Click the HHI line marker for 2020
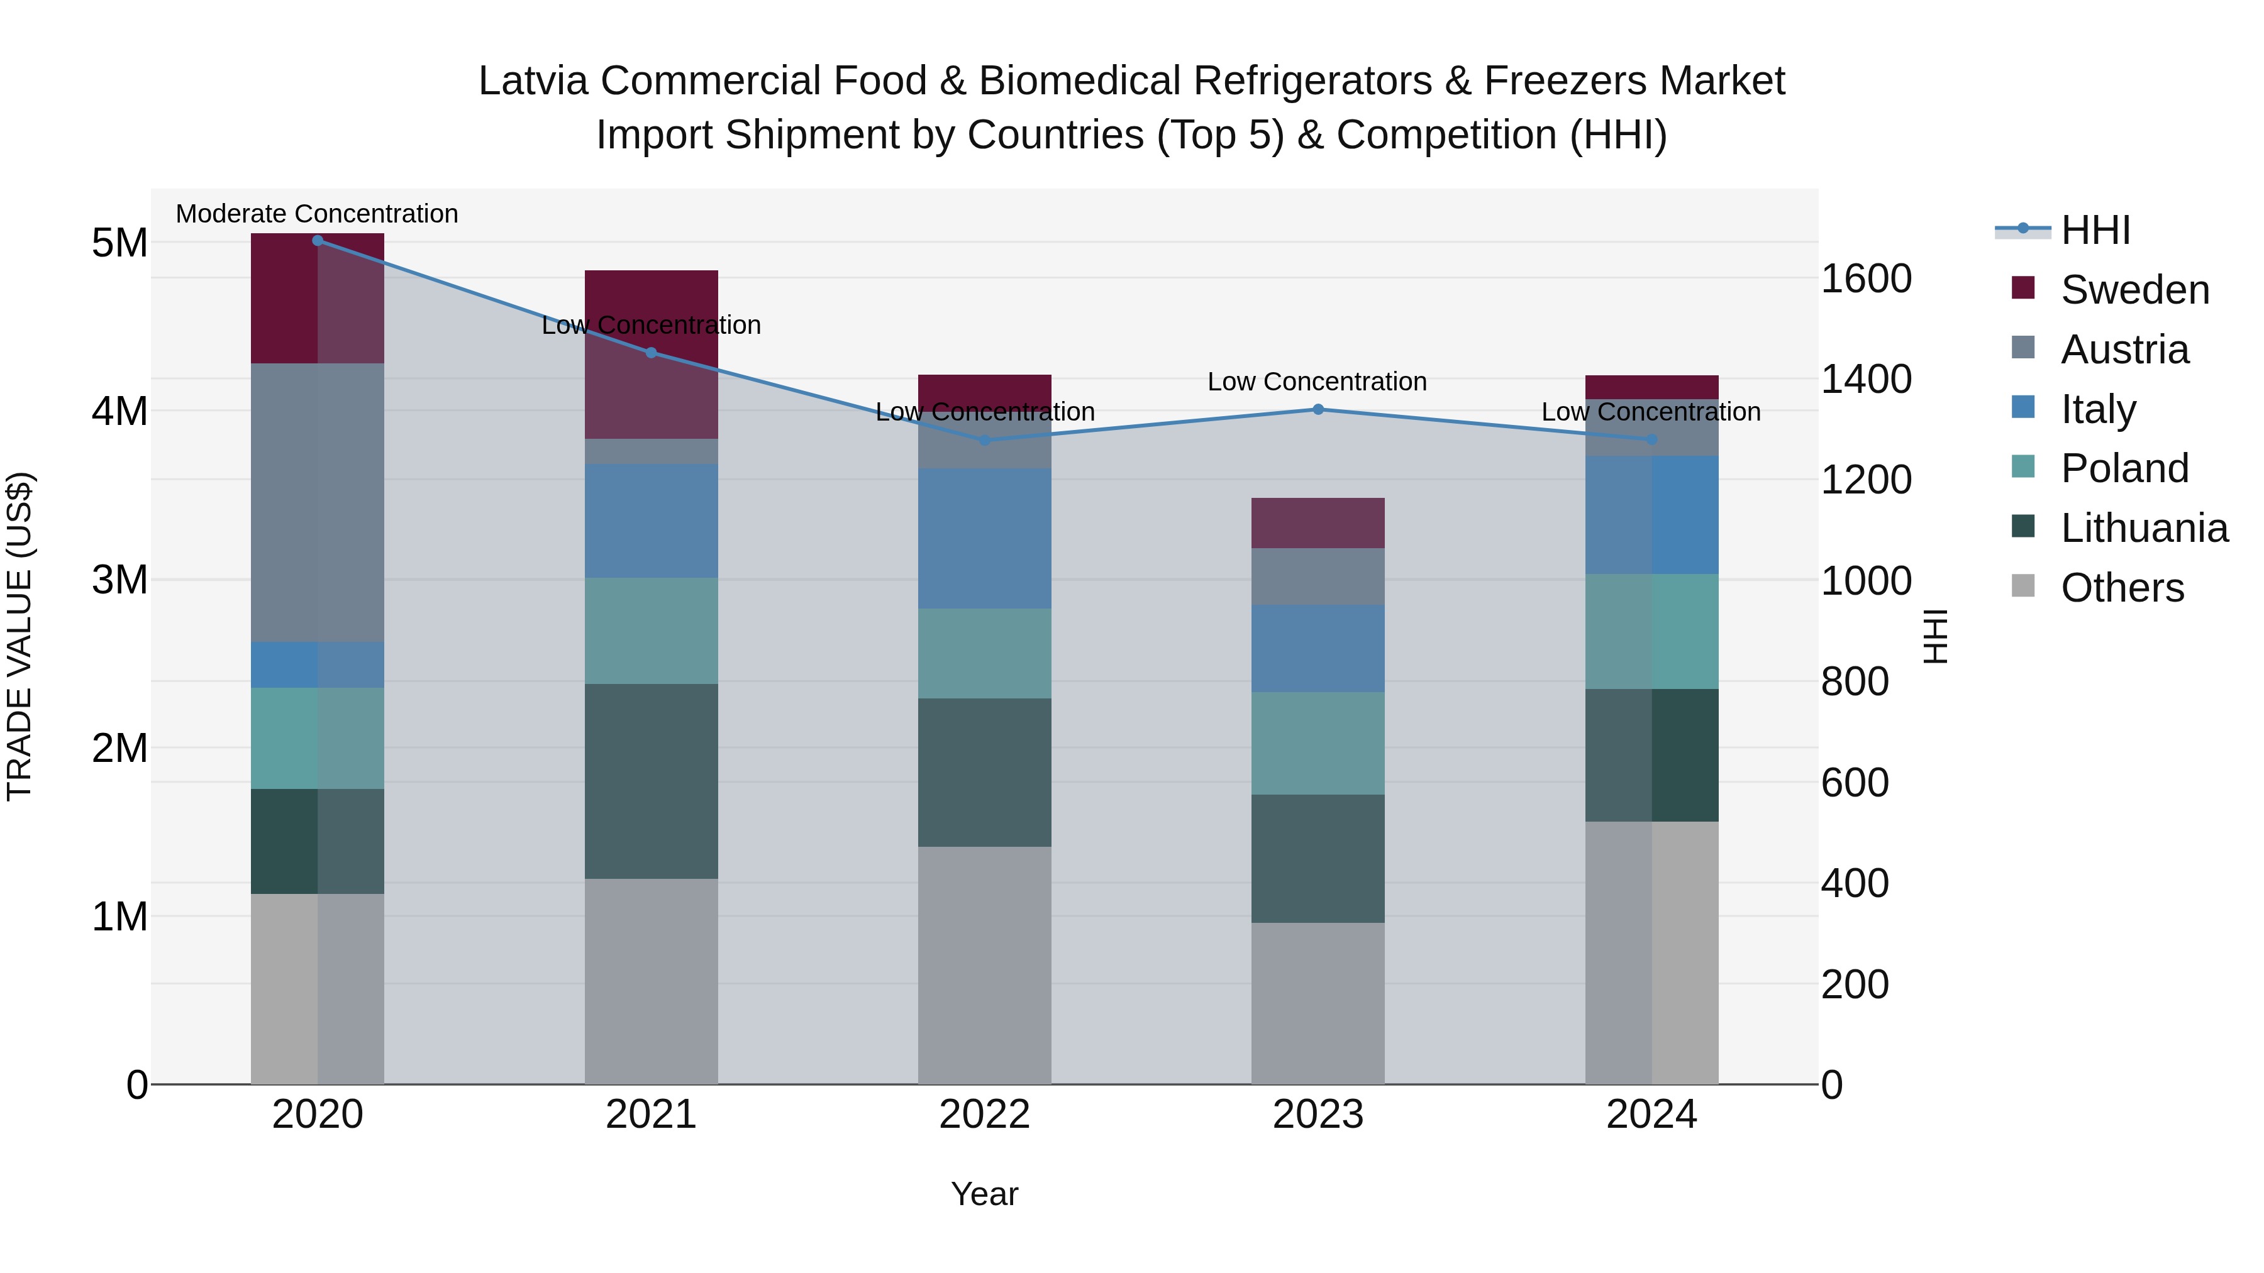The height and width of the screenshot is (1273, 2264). tap(318, 241)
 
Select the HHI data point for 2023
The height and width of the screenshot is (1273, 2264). tap(1318, 409)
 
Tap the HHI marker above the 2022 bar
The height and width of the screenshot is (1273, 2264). tap(984, 440)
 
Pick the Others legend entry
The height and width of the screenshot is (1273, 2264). tap(2122, 588)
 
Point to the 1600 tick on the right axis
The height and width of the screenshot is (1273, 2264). tap(1865, 279)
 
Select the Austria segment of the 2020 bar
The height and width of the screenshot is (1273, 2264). tap(318, 502)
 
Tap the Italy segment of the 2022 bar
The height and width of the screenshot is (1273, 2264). tap(984, 537)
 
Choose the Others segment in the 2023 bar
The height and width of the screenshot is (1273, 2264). tap(1318, 1003)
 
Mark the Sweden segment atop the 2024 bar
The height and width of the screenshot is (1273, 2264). tap(1651, 387)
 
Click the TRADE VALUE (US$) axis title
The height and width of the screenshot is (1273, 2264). tap(19, 636)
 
